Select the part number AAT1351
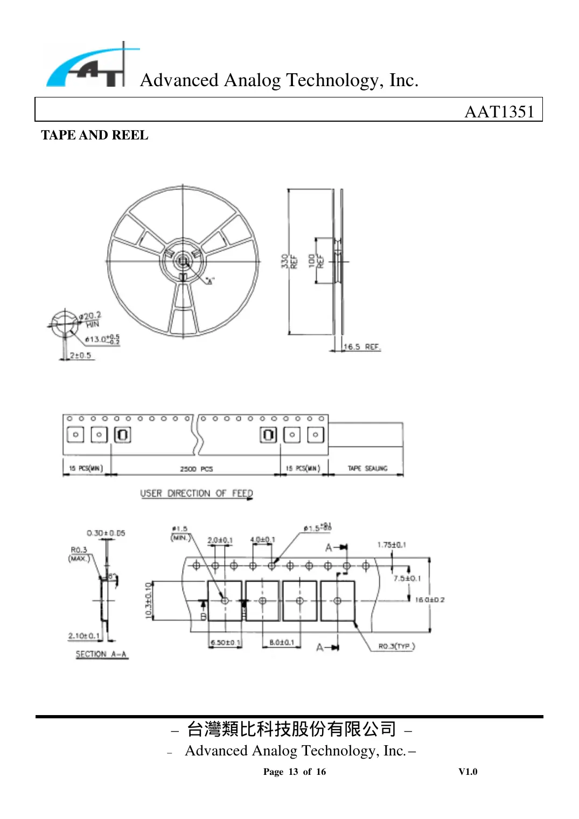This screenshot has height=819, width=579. coord(499,111)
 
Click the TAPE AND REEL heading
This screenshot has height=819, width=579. coord(94,135)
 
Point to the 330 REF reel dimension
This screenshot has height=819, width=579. coord(289,262)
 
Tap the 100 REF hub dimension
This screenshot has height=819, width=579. coord(316,261)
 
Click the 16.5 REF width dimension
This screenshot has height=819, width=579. coord(362,347)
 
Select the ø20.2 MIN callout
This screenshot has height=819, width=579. coord(90,319)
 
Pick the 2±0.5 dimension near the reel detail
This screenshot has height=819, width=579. coord(81,355)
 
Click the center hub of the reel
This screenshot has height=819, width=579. coord(183,262)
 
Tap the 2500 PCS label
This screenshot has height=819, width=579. coord(196,469)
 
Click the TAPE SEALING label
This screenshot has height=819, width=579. coord(367,468)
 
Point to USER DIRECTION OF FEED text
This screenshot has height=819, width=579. coord(196,493)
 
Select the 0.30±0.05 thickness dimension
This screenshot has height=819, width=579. coord(106,533)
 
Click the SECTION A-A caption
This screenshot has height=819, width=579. coord(101,654)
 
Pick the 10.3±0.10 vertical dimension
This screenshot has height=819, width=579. coord(149,600)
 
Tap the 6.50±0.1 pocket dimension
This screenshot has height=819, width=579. coord(225,642)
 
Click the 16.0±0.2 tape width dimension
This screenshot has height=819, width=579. coord(430,600)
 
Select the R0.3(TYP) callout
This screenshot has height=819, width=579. coord(396,646)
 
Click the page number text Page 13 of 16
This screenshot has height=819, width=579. coord(294,772)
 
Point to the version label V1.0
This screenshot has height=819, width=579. coord(468,772)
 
